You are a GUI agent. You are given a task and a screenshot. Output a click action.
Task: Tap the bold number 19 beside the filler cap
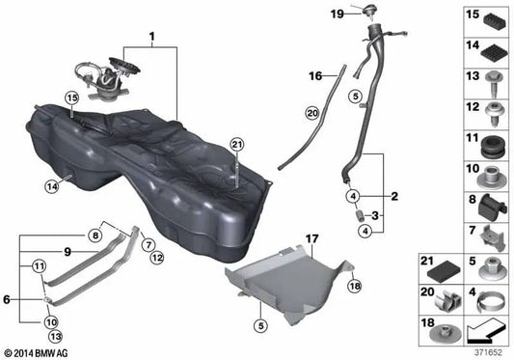click(337, 14)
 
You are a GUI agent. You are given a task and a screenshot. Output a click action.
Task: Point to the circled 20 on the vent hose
click(311, 113)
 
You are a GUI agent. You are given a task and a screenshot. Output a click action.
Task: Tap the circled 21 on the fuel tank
click(235, 145)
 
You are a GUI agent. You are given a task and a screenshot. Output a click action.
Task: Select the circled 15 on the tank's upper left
click(70, 98)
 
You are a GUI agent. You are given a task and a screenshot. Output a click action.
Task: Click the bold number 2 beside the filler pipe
click(394, 195)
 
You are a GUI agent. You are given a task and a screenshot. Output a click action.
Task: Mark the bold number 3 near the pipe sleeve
click(376, 215)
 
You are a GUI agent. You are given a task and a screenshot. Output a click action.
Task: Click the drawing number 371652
click(487, 352)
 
